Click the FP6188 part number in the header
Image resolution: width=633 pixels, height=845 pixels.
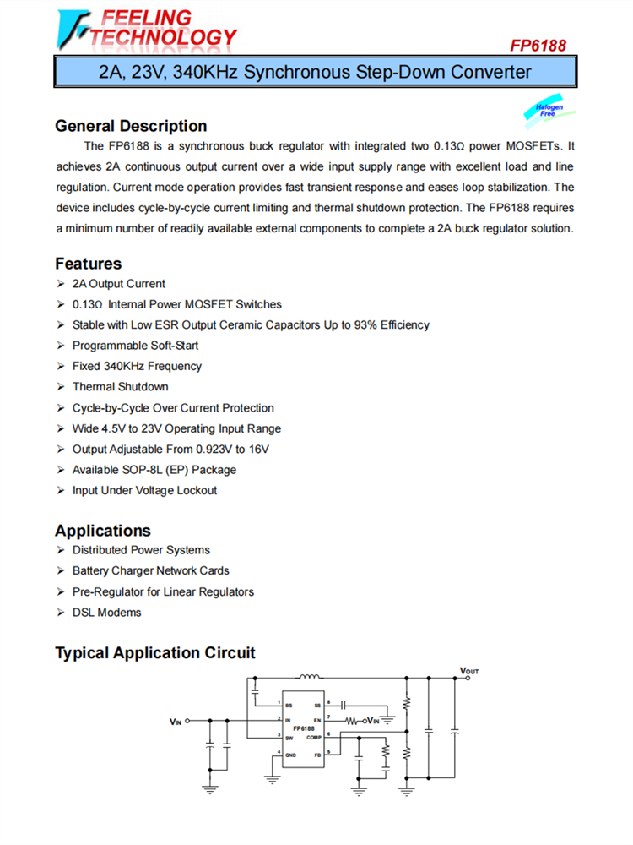coord(538,46)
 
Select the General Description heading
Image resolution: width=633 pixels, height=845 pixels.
coord(131,126)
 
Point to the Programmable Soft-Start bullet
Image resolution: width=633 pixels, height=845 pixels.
coord(136,346)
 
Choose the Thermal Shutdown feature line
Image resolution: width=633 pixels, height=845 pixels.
coord(121,387)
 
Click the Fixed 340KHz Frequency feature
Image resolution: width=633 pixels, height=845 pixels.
coord(137,366)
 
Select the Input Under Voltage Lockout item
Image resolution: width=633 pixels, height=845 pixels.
coord(144,490)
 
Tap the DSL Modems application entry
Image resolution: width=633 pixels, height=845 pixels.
coord(107,613)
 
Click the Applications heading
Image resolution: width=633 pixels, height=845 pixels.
coord(103,531)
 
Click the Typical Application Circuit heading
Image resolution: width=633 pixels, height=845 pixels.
coord(155,653)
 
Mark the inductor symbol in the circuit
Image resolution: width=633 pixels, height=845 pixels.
coord(308,677)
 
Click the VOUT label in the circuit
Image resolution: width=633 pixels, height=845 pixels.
coord(469,671)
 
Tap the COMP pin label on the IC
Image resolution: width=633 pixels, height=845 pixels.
coord(313,736)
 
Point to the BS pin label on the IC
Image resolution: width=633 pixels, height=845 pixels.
coord(289,704)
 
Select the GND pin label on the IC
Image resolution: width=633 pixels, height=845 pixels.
coord(290,754)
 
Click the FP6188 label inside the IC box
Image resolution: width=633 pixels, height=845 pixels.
coord(304,728)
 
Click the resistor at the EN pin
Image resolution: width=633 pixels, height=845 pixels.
coord(352,721)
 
